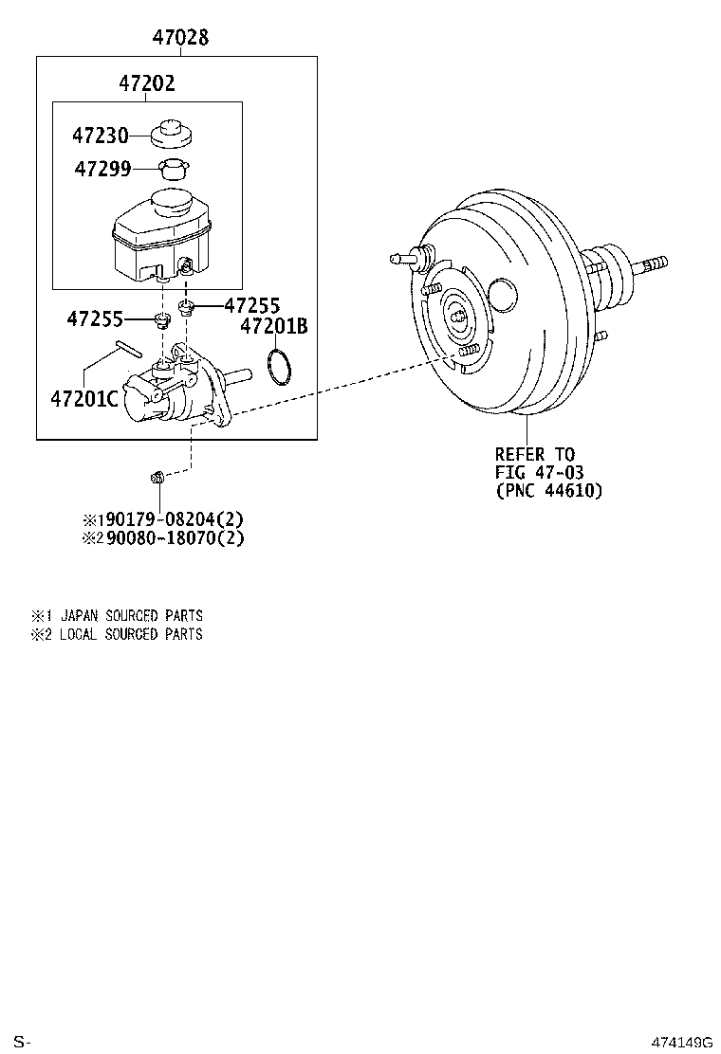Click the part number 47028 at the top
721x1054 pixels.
[180, 38]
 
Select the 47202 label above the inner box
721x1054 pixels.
[147, 84]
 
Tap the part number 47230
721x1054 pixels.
[101, 136]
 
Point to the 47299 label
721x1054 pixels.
[102, 170]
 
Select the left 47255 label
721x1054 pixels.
[95, 319]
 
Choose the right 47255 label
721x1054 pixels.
[252, 305]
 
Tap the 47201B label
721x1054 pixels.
[274, 327]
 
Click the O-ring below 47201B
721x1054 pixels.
[277, 368]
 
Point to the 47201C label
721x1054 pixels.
[84, 398]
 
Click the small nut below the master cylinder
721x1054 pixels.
[160, 476]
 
